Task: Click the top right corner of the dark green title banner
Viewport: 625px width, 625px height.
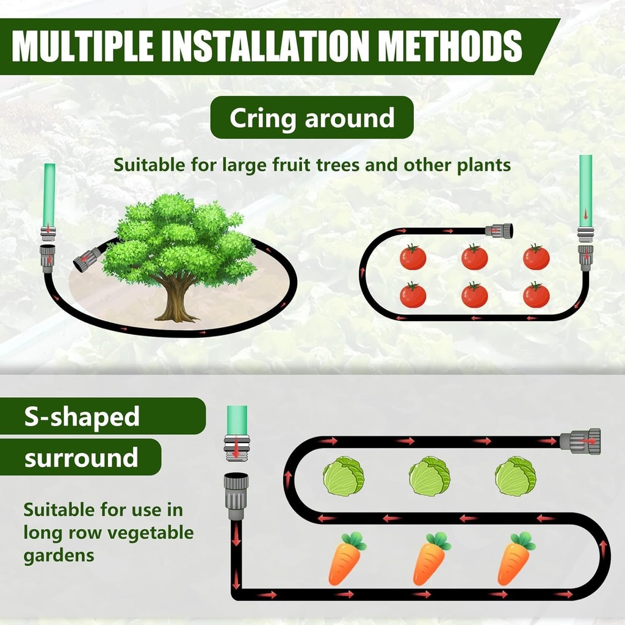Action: coord(560,19)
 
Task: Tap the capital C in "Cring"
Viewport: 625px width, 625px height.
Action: coord(239,118)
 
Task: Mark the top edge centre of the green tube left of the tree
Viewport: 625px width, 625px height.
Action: coord(49,164)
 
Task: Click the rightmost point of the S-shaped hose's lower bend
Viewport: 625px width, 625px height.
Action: coord(610,556)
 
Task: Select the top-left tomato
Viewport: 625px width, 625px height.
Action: coord(413,257)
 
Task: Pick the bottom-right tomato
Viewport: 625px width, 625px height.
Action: coord(536,295)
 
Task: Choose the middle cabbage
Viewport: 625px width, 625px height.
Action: coord(429,476)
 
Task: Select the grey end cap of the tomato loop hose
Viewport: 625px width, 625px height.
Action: coord(499,231)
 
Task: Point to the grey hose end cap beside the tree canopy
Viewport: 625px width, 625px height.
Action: coord(87,259)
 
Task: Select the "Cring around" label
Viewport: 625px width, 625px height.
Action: coord(312,118)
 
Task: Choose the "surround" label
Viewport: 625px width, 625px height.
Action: coord(81,458)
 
